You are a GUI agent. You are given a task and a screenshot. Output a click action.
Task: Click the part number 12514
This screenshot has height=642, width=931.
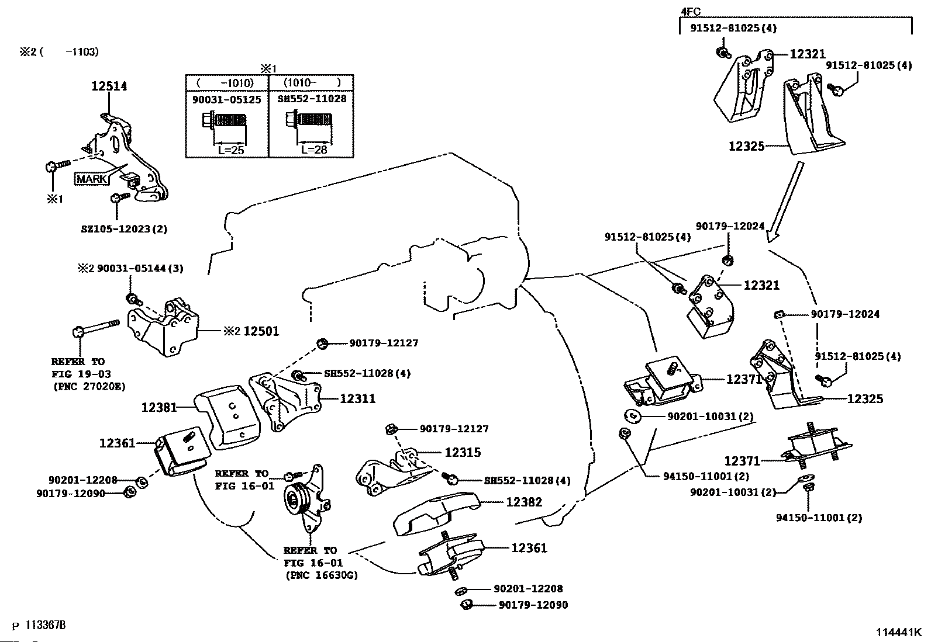click(109, 86)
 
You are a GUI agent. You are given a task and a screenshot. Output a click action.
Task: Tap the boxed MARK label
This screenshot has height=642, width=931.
click(92, 179)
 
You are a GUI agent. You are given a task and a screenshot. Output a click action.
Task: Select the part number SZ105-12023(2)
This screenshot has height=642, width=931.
click(124, 229)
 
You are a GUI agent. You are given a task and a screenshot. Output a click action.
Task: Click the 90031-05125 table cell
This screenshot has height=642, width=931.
click(227, 99)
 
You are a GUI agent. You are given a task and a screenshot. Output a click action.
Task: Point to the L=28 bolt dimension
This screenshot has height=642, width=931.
click(313, 150)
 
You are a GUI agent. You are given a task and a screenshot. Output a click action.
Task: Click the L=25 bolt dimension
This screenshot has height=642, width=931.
click(230, 150)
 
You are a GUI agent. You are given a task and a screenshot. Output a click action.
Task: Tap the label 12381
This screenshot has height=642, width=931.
click(159, 407)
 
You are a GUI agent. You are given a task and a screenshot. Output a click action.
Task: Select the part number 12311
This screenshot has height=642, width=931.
click(357, 399)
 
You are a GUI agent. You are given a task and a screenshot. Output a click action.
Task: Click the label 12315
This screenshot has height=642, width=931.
click(463, 452)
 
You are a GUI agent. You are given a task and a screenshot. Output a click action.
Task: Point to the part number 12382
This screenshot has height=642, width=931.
click(524, 502)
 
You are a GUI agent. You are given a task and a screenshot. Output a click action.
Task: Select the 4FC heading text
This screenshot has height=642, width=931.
click(691, 11)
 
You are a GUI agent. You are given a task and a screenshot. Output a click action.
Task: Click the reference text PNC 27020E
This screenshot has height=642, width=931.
click(89, 386)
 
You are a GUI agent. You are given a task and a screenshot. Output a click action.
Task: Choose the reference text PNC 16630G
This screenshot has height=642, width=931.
click(322, 575)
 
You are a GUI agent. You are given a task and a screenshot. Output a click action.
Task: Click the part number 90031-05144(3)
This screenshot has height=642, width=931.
click(140, 269)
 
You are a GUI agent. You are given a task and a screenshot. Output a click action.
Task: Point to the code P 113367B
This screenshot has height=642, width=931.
click(39, 626)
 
